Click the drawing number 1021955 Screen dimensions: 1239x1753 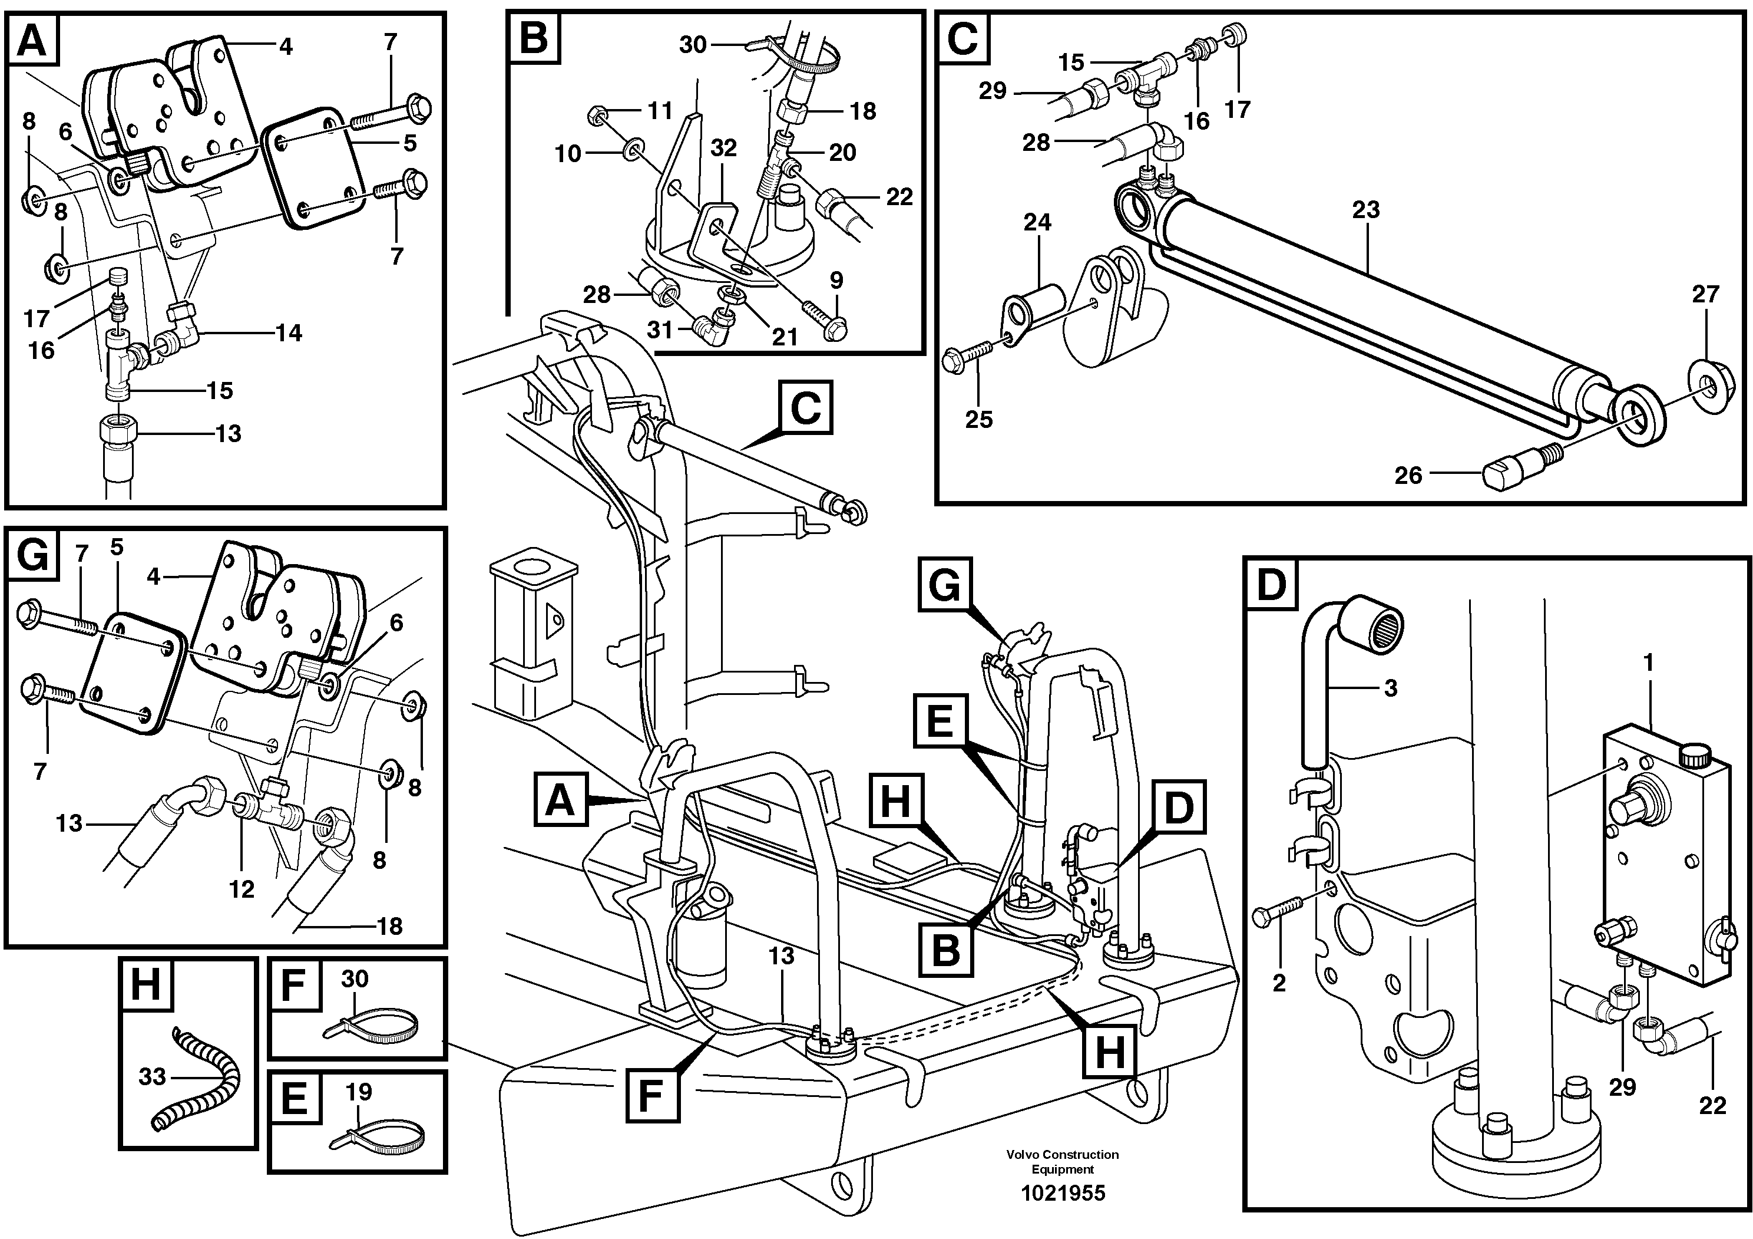point(1063,1192)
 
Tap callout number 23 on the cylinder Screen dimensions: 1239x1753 point(1365,209)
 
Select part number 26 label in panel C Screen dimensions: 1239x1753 point(1408,476)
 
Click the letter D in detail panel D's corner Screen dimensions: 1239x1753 point(1271,586)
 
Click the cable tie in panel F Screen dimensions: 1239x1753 point(374,1024)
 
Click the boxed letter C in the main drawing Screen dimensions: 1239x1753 point(805,408)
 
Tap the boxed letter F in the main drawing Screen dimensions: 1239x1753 point(652,1095)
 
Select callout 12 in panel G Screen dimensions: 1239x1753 point(242,889)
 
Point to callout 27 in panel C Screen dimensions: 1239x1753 point(1705,294)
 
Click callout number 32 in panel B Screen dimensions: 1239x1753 point(723,147)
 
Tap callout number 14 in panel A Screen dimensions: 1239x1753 point(289,332)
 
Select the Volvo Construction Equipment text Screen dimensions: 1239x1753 point(1062,1161)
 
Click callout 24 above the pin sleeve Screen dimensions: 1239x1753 point(1037,222)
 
